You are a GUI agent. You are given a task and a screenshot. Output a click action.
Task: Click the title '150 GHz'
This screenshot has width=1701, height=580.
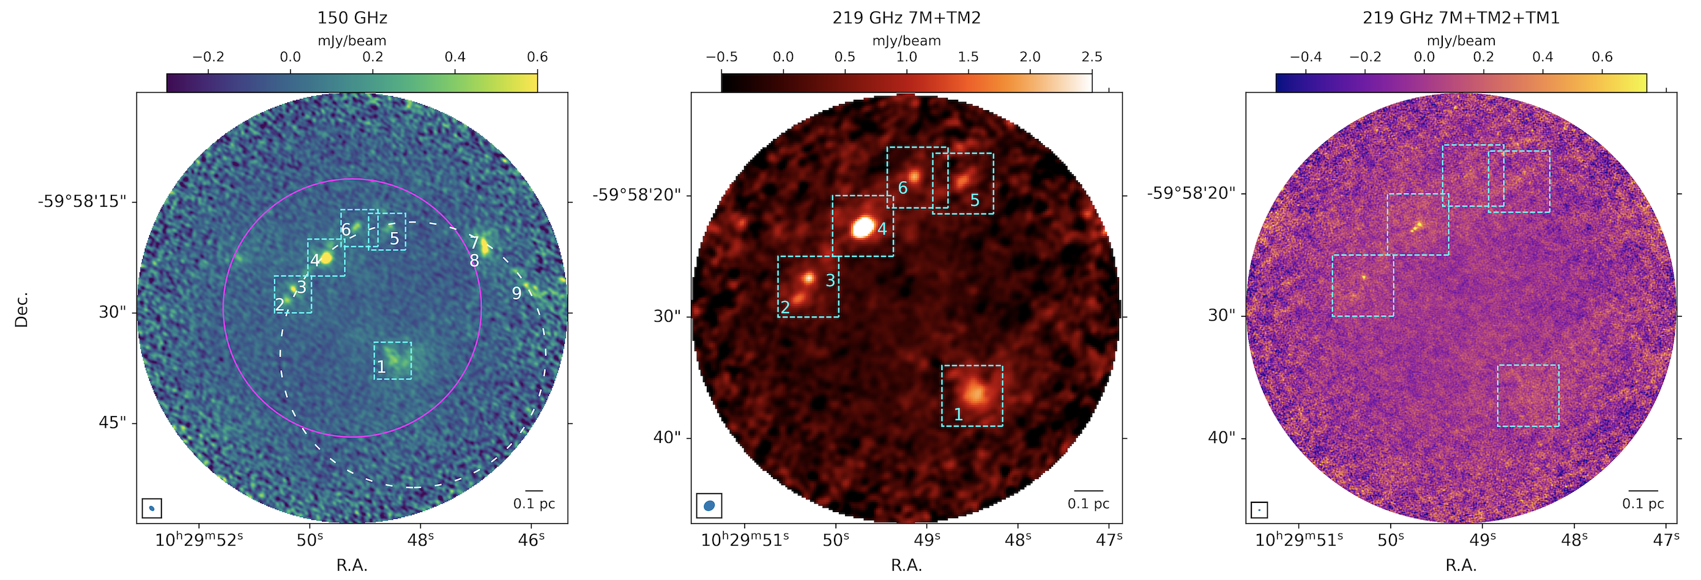click(x=352, y=18)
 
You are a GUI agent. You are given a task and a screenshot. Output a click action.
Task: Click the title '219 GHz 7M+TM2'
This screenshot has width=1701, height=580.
click(x=906, y=18)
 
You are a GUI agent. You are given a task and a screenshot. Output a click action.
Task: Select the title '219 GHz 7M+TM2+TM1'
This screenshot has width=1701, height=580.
click(x=1461, y=18)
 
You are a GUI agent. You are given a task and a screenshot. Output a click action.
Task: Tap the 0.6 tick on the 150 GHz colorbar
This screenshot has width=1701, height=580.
click(x=537, y=58)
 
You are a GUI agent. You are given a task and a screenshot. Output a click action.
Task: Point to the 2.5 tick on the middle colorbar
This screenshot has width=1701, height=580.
click(x=1092, y=58)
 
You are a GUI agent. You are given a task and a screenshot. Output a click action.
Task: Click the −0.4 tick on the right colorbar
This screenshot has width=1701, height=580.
click(x=1306, y=58)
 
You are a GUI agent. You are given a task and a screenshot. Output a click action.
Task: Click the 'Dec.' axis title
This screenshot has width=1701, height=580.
click(x=21, y=309)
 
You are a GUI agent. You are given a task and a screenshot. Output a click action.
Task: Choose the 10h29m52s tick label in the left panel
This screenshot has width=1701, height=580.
click(x=199, y=540)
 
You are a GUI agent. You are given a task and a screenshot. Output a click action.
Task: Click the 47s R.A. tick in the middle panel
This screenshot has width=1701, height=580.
click(x=1109, y=540)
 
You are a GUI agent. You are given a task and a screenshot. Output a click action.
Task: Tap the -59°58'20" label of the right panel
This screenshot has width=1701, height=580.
click(x=1191, y=193)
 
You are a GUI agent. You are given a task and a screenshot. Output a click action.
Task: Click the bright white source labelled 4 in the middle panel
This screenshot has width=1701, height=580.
click(x=862, y=227)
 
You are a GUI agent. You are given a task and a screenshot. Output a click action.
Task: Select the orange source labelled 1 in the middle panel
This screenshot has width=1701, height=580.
click(x=975, y=394)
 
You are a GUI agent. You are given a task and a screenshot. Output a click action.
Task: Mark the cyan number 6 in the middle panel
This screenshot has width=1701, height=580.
click(x=903, y=188)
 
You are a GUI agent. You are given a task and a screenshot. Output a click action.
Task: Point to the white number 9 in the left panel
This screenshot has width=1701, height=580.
click(x=516, y=293)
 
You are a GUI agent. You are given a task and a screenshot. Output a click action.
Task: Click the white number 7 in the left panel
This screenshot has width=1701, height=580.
click(x=474, y=242)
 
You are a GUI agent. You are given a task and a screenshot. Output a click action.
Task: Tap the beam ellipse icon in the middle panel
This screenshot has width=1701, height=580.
click(x=709, y=506)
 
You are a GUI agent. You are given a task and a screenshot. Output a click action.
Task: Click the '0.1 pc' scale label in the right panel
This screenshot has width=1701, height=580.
click(x=1643, y=504)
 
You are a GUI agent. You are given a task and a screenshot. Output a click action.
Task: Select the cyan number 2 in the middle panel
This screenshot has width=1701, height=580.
click(x=785, y=307)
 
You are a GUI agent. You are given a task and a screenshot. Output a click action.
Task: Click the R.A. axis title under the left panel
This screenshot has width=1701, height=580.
click(x=352, y=565)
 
